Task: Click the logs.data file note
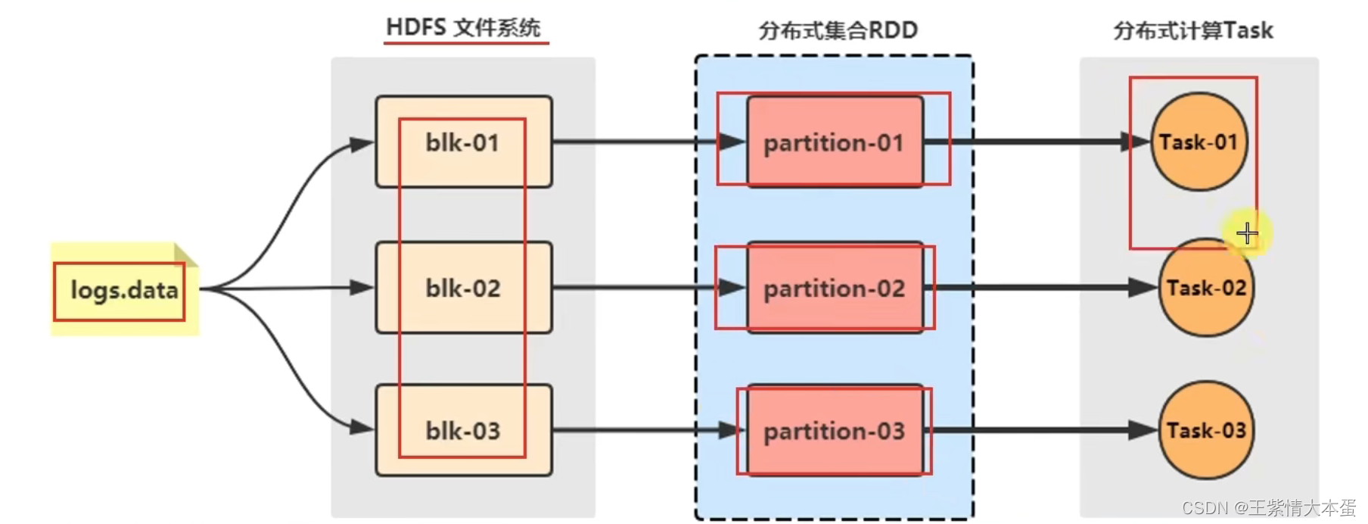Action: [x=123, y=290]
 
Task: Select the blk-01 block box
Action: [x=463, y=142]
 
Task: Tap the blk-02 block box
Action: [x=463, y=288]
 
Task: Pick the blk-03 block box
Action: [x=463, y=430]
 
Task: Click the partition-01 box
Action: [x=835, y=142]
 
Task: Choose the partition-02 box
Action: [x=835, y=288]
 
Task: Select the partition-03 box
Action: [x=835, y=430]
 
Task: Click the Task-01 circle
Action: [x=1198, y=142]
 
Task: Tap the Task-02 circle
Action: [x=1206, y=288]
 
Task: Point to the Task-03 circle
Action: [x=1206, y=430]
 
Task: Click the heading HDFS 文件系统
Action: [x=463, y=28]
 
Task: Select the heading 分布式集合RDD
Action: [x=838, y=30]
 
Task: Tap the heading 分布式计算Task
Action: [x=1193, y=30]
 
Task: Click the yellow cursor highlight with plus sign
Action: [x=1246, y=233]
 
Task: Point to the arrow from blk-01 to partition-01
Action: [x=636, y=142]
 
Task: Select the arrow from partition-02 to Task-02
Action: [x=1044, y=288]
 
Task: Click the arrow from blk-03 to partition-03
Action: [x=636, y=430]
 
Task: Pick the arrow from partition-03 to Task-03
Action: [x=1044, y=430]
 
